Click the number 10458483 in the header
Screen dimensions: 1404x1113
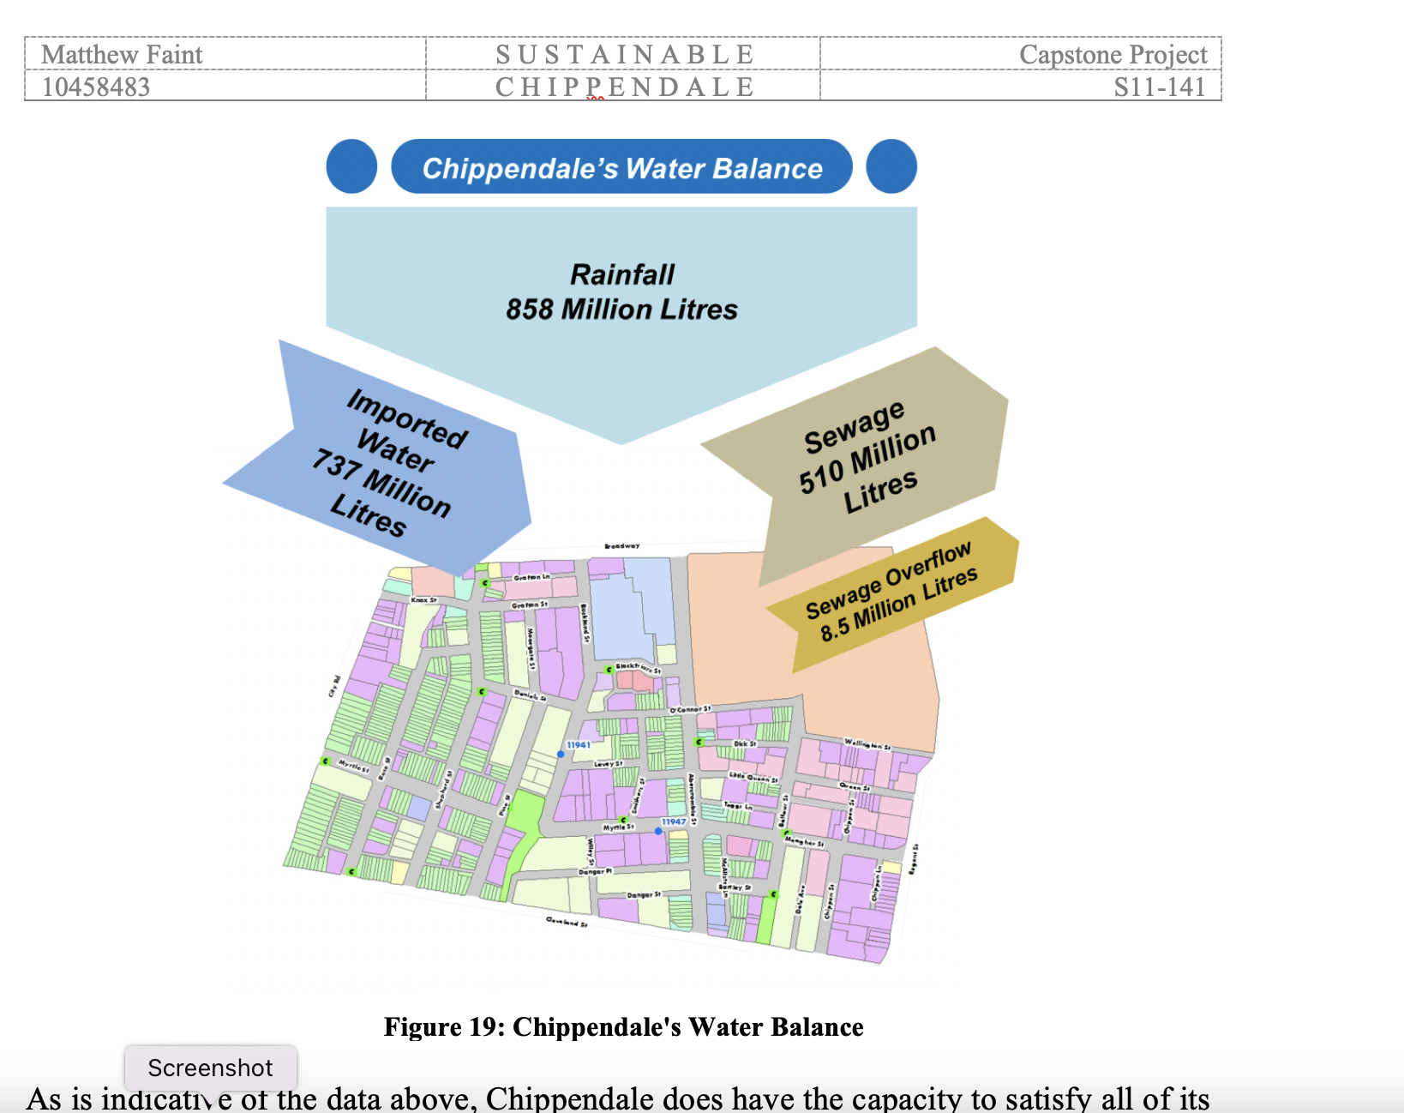pyautogui.click(x=96, y=87)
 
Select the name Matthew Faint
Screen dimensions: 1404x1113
pyautogui.click(x=122, y=55)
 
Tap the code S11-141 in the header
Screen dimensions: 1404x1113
pyautogui.click(x=1159, y=87)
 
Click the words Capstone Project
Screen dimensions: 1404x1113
pyautogui.click(x=1113, y=55)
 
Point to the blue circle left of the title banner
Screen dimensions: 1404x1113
pyautogui.click(x=351, y=166)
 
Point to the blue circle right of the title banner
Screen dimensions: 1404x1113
pyautogui.click(x=891, y=166)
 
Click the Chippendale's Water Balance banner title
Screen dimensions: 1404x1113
pyautogui.click(x=622, y=168)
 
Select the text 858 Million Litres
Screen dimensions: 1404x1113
pyautogui.click(x=621, y=310)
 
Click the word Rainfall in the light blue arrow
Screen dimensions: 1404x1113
pyautogui.click(x=622, y=274)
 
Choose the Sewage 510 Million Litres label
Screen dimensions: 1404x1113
pyautogui.click(x=867, y=456)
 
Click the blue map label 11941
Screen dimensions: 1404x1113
pyautogui.click(x=579, y=745)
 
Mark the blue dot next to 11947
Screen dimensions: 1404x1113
pyautogui.click(x=658, y=831)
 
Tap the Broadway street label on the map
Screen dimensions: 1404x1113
pyautogui.click(x=621, y=546)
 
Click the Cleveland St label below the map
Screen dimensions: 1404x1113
pyautogui.click(x=567, y=922)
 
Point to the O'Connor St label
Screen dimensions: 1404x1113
pyautogui.click(x=689, y=710)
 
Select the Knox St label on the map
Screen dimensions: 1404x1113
pyautogui.click(x=423, y=600)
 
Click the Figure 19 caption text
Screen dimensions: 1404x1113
pyautogui.click(x=623, y=1027)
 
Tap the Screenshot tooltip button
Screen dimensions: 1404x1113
pyautogui.click(x=210, y=1068)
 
